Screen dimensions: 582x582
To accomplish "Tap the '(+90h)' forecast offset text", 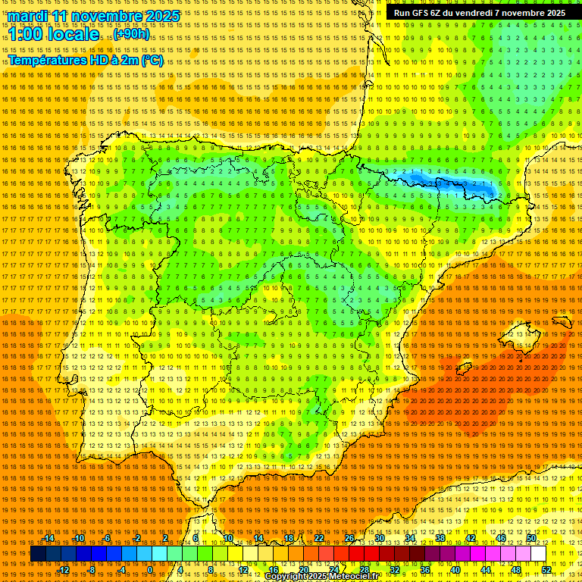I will coord(132,35).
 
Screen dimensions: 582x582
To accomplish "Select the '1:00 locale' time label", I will coord(54,35).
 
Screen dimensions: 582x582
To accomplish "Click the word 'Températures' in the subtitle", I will coord(48,60).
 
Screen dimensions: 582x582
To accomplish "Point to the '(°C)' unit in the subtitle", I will coord(152,60).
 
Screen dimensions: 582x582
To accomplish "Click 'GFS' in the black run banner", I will coord(424,13).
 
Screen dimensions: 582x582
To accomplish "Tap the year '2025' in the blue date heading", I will coord(163,16).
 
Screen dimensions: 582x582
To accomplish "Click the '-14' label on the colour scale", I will coord(48,538).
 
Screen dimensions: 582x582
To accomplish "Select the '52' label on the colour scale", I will coord(546,570).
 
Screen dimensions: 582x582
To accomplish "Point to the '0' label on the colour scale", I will coord(150,570).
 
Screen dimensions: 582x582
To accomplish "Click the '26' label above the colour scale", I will coord(349,538).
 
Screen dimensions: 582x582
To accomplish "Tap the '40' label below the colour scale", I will coord(455,570).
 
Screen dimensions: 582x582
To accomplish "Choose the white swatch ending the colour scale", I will coord(539,554).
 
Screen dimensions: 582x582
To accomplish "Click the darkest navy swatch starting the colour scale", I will coord(38,554).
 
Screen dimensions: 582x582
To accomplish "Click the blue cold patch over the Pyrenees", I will coord(447,182).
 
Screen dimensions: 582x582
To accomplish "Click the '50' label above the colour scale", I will coord(531,538).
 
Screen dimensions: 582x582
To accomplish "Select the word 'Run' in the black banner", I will coord(402,13).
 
